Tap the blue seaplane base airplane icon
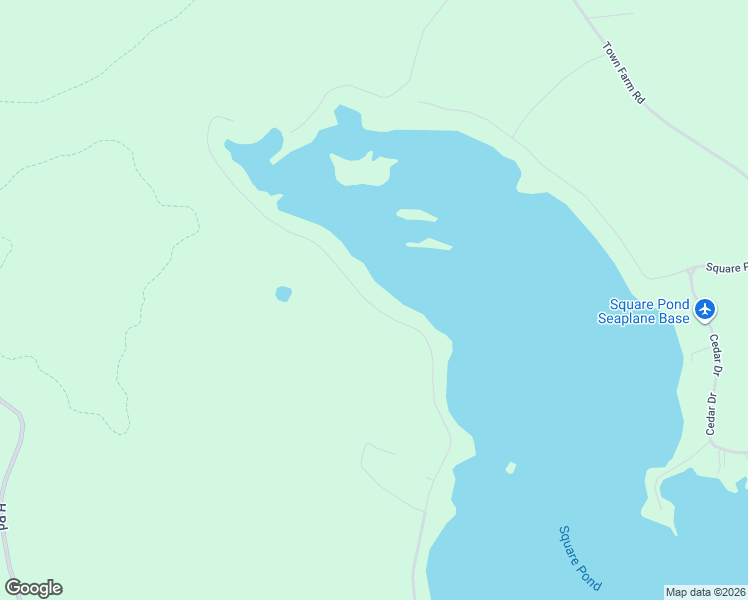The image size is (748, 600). point(706,309)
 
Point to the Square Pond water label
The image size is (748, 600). point(580,557)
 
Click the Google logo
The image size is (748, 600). point(34,588)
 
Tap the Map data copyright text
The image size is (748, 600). point(705,592)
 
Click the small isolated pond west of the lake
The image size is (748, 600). point(283,294)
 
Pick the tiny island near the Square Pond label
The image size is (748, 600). point(511,468)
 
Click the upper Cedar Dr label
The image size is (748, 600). point(716,352)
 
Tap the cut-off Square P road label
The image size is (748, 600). point(726,268)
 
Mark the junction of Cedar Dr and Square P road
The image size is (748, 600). point(692,271)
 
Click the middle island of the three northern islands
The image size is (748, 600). point(416,215)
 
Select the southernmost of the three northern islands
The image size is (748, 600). point(430,244)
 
